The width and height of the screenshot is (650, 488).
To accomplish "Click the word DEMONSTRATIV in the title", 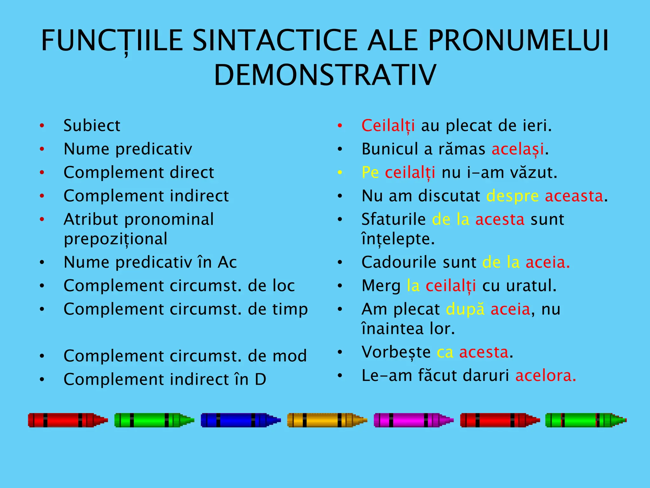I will tap(325, 75).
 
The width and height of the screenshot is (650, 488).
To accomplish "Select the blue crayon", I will tap(240, 420).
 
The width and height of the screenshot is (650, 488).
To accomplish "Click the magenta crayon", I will tap(413, 420).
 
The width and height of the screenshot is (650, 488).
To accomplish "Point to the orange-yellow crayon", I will tap(327, 420).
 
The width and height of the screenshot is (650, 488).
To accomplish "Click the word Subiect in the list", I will tap(92, 125).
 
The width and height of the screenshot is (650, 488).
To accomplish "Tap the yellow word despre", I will tap(512, 196).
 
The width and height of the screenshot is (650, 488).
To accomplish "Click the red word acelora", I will tap(545, 376).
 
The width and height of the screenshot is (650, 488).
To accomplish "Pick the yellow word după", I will tap(465, 309).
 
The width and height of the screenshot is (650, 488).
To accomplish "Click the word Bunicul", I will tap(390, 149).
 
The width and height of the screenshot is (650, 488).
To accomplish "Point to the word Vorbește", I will tap(396, 352).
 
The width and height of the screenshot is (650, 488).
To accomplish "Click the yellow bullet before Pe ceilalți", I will tap(340, 173).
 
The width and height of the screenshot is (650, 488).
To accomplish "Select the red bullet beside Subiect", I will tap(42, 126).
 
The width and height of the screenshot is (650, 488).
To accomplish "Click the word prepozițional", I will tap(116, 239).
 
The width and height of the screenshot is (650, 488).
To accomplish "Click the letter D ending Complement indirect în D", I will tap(260, 379).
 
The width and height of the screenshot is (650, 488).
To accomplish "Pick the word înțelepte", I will tap(398, 239).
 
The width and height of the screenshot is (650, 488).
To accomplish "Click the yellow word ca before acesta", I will tap(445, 352).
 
